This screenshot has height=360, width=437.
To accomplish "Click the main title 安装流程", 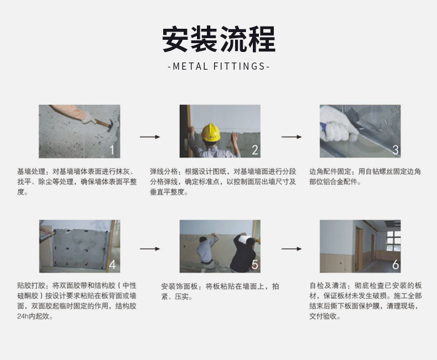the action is pyautogui.click(x=219, y=39).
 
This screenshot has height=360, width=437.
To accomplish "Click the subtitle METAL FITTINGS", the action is pyautogui.click(x=219, y=66).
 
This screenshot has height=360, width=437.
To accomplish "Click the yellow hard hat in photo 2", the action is pyautogui.click(x=210, y=132).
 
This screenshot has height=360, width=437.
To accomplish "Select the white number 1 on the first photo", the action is pyautogui.click(x=112, y=150).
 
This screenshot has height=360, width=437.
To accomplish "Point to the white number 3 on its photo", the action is pyautogui.click(x=396, y=150).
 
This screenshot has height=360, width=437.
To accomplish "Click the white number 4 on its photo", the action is pyautogui.click(x=112, y=264).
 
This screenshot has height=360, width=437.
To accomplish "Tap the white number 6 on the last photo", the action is pyautogui.click(x=396, y=265).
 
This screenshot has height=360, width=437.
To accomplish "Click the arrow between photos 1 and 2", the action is pyautogui.click(x=150, y=137).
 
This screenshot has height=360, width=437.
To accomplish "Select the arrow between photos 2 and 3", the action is pyautogui.click(x=292, y=137).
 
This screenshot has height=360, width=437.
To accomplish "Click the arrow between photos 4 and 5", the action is pyautogui.click(x=150, y=249).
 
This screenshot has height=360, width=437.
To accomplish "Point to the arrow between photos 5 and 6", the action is pyautogui.click(x=292, y=249).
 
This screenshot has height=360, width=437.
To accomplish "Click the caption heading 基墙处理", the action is pyautogui.click(x=31, y=171).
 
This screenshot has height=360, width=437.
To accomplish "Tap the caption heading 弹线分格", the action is pyautogui.click(x=164, y=171).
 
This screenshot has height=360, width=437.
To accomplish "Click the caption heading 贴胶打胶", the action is pyautogui.click(x=31, y=285).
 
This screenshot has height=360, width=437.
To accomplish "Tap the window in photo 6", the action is pyautogui.click(x=393, y=241).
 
